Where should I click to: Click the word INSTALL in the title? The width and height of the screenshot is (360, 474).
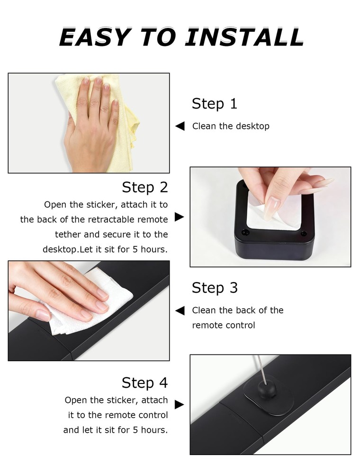coord(244,37)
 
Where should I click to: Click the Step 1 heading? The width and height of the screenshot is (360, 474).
coord(215,103)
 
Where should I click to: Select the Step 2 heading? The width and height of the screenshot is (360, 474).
coord(144,187)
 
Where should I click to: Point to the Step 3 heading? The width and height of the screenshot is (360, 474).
coord(215,288)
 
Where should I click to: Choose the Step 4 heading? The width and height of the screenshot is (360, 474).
coord(144,383)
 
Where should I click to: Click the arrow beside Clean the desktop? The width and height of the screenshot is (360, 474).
coord(180,126)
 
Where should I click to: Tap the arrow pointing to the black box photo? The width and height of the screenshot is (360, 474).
coord(180,217)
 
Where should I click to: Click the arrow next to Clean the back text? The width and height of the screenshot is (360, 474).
coord(180,310)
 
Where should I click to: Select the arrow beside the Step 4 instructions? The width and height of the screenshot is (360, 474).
coord(180,404)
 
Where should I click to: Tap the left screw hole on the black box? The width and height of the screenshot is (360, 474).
coord(245,232)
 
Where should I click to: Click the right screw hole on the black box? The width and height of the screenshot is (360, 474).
coord(304,233)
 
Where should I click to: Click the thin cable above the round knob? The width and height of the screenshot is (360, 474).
coord(262,369)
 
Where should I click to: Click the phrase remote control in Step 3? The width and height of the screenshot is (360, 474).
coord(224,325)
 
